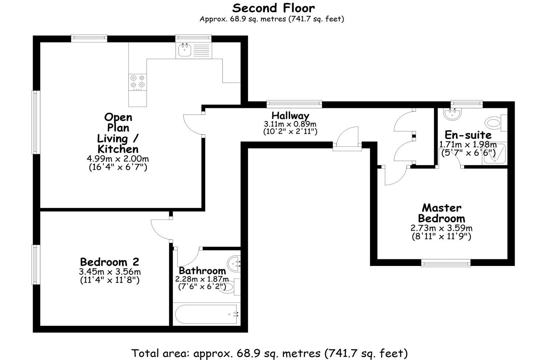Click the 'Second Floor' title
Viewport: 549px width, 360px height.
273,8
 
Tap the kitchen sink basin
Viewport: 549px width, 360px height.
184,50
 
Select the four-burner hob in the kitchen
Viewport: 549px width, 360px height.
138,82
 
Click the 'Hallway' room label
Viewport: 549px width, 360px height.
290,116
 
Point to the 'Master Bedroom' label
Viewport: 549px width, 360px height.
441,213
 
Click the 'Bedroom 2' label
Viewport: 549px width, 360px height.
110,262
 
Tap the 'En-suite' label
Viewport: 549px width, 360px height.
468,135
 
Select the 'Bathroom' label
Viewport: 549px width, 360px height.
202,271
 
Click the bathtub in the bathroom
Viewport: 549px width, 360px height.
206,314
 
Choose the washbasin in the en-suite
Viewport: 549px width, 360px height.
452,114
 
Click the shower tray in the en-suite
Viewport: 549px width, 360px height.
494,154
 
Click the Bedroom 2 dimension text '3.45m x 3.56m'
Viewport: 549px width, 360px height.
110,272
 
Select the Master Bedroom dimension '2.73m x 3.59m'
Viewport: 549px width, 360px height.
441,228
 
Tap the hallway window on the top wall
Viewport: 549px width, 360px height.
294,104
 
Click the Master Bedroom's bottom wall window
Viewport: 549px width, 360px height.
446,263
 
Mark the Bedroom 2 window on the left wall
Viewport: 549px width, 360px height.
36,265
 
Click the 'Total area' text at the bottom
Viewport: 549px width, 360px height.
270,353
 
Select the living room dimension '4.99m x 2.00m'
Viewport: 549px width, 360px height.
118,159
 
